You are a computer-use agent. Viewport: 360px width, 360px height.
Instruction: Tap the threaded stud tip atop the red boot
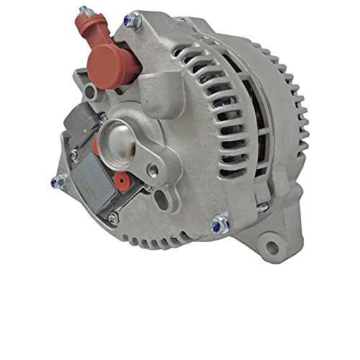pos(84,12)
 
